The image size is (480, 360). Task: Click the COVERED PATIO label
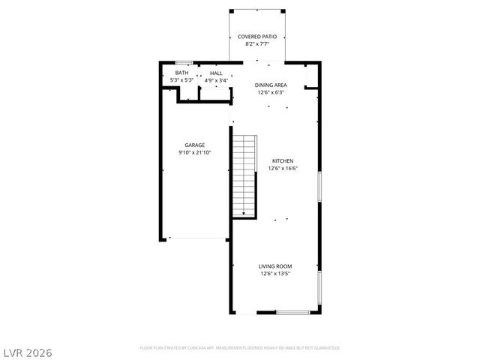257,37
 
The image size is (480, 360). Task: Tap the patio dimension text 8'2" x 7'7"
257,44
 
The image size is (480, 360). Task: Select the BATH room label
182,73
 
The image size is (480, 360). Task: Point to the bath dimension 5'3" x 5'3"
182,79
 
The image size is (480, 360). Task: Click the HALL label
216,73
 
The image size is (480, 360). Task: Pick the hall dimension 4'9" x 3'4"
216,79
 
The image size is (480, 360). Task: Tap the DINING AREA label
271,85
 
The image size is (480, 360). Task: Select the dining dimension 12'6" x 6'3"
271,92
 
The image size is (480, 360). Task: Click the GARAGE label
195,145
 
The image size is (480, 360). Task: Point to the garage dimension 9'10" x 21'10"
195,152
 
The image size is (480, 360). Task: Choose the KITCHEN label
282,161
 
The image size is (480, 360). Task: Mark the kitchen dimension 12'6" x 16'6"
282,168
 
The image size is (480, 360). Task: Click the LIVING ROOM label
275,266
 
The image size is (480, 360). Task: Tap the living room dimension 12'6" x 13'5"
275,274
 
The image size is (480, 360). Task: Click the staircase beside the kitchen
244,174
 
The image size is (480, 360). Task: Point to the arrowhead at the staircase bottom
244,214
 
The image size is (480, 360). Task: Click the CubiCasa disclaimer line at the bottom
240,348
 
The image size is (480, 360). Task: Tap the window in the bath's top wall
184,63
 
